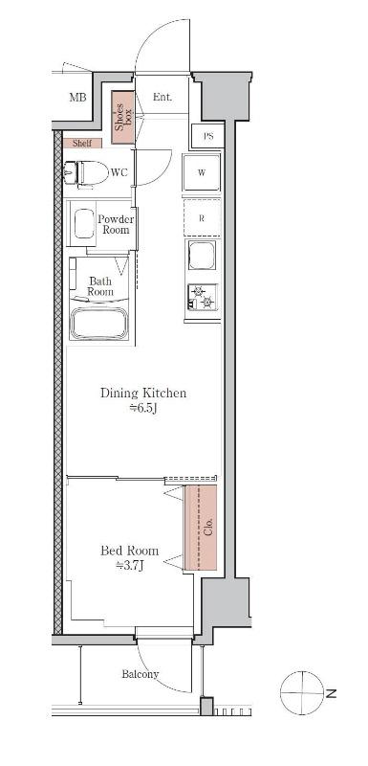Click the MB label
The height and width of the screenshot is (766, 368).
tap(77, 98)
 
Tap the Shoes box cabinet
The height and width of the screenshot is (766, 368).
tap(123, 118)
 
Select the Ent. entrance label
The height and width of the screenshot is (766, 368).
tap(162, 97)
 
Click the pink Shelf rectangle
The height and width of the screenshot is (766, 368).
tap(82, 143)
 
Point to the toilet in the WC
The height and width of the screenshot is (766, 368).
tap(86, 173)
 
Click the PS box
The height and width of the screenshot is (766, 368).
tap(208, 136)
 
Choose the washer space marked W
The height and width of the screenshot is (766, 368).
tap(202, 173)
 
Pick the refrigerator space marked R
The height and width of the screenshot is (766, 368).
tap(202, 218)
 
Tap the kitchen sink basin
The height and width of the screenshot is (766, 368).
tap(202, 255)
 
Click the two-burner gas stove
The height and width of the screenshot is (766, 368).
tap(203, 298)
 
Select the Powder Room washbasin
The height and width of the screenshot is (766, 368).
tap(84, 224)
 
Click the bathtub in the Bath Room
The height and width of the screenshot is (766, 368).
tap(99, 323)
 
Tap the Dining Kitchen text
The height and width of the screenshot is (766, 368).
tap(143, 393)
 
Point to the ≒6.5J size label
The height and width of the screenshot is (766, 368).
tap(142, 409)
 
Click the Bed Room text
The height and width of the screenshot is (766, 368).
tap(130, 552)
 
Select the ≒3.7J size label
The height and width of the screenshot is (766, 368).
tap(130, 566)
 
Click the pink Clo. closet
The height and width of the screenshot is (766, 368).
tap(201, 528)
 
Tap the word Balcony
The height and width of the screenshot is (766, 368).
tap(141, 675)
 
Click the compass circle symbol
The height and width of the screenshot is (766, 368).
tap(302, 692)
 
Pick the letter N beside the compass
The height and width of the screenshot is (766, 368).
tap(332, 693)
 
